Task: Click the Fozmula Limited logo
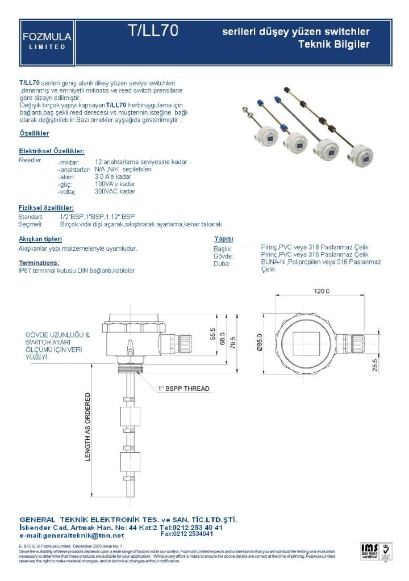coord(47,40)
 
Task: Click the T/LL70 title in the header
coord(153,32)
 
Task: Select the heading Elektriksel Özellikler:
coord(52,151)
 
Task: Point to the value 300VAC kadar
coord(115,192)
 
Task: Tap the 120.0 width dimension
coord(322,291)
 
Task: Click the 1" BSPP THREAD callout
coord(183,389)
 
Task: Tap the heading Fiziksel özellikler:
coord(46,208)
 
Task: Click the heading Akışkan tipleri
coord(40,239)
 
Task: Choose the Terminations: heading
coord(39,263)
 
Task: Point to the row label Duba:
coord(222,264)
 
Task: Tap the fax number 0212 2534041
coord(187,534)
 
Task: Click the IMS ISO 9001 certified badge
coord(369,551)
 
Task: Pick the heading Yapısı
coord(224,239)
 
